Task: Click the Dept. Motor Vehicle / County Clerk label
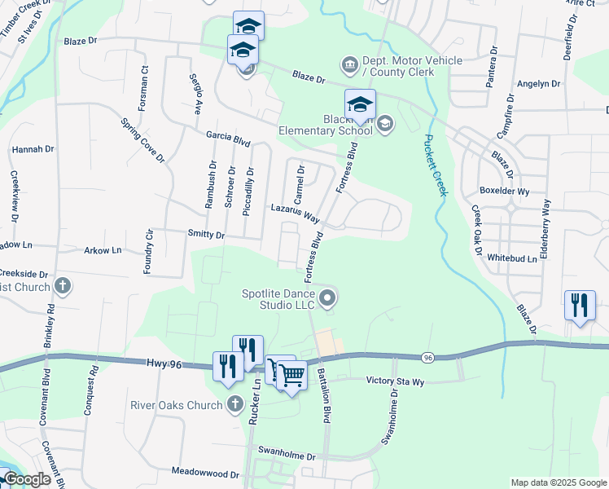[x=413, y=66]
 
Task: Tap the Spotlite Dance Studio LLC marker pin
[x=327, y=299]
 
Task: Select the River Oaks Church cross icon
[x=234, y=404]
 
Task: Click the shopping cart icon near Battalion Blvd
[x=291, y=376]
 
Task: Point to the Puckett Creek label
[x=436, y=164]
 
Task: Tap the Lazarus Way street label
[x=295, y=214]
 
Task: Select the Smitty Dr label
[x=207, y=235]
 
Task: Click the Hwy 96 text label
[x=166, y=364]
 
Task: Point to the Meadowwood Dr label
[x=205, y=472]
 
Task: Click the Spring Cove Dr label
[x=142, y=140]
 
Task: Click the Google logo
[x=26, y=479]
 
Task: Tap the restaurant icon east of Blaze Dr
[x=579, y=306]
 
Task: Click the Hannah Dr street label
[x=33, y=150]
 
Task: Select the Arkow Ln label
[x=103, y=250]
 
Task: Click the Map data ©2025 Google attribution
[x=559, y=482]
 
